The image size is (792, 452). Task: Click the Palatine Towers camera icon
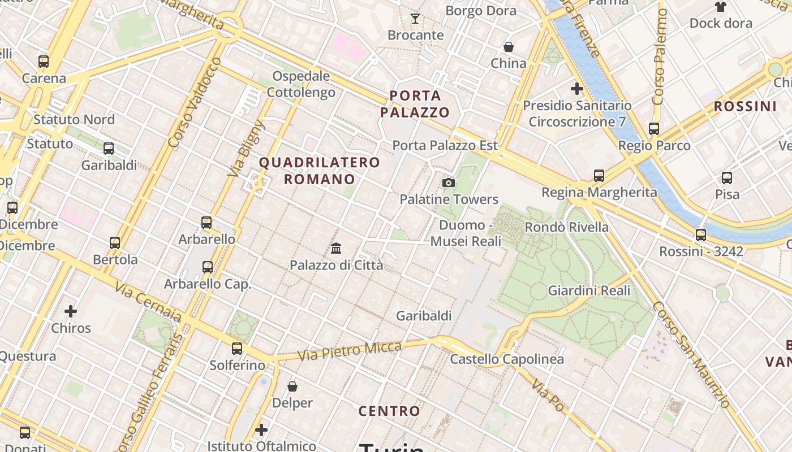(x=449, y=182)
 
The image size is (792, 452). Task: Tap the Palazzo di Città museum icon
(x=336, y=248)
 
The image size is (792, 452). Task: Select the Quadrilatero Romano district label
(x=319, y=171)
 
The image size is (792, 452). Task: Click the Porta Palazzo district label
(x=415, y=103)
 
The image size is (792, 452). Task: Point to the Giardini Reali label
(x=589, y=290)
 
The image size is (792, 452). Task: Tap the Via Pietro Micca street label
(x=350, y=351)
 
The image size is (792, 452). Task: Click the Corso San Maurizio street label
(x=691, y=354)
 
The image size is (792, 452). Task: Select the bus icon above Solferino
(x=237, y=349)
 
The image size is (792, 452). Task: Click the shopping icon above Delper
(x=292, y=386)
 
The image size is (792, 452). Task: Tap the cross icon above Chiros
(x=71, y=311)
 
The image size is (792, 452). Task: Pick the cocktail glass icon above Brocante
(x=415, y=19)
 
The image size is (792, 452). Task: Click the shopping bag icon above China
(x=509, y=46)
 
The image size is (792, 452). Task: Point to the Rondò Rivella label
(x=567, y=227)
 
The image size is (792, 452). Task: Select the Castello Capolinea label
(x=507, y=359)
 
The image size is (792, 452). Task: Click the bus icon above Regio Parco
(x=654, y=129)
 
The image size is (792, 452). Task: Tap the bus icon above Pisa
(x=727, y=178)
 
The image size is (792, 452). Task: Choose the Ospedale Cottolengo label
(x=301, y=84)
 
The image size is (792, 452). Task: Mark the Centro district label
(x=390, y=411)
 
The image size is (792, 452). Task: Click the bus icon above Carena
(x=44, y=62)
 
